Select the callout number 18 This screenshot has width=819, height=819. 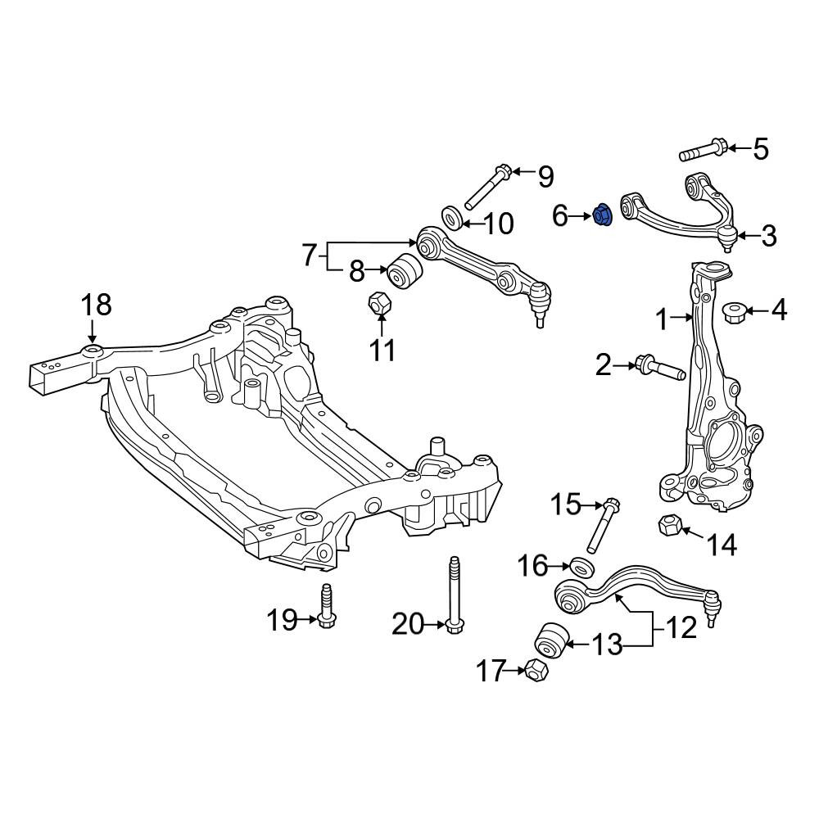coord(97,305)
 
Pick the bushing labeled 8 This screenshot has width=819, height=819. coord(405,270)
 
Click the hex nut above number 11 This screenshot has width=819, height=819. coord(380,303)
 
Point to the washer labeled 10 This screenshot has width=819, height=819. coord(452,217)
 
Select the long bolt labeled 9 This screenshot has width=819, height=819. coord(487,193)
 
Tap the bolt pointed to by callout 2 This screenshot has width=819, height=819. coord(659,369)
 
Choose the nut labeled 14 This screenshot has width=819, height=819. coord(668,524)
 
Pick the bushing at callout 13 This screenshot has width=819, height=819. coord(551,640)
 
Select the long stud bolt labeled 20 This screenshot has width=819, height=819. coord(455,595)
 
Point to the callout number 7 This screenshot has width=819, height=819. coord(310,256)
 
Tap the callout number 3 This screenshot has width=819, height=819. coord(769,237)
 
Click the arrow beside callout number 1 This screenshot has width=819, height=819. coord(681,316)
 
